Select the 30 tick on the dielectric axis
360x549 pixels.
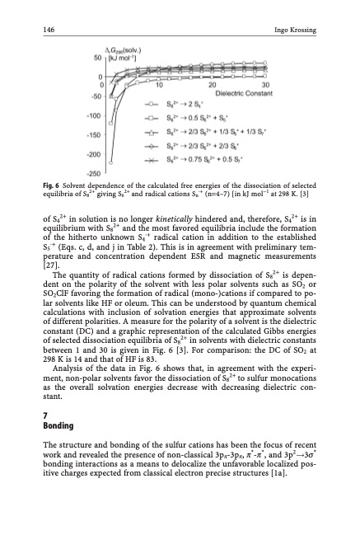pyautogui.click(x=265, y=85)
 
